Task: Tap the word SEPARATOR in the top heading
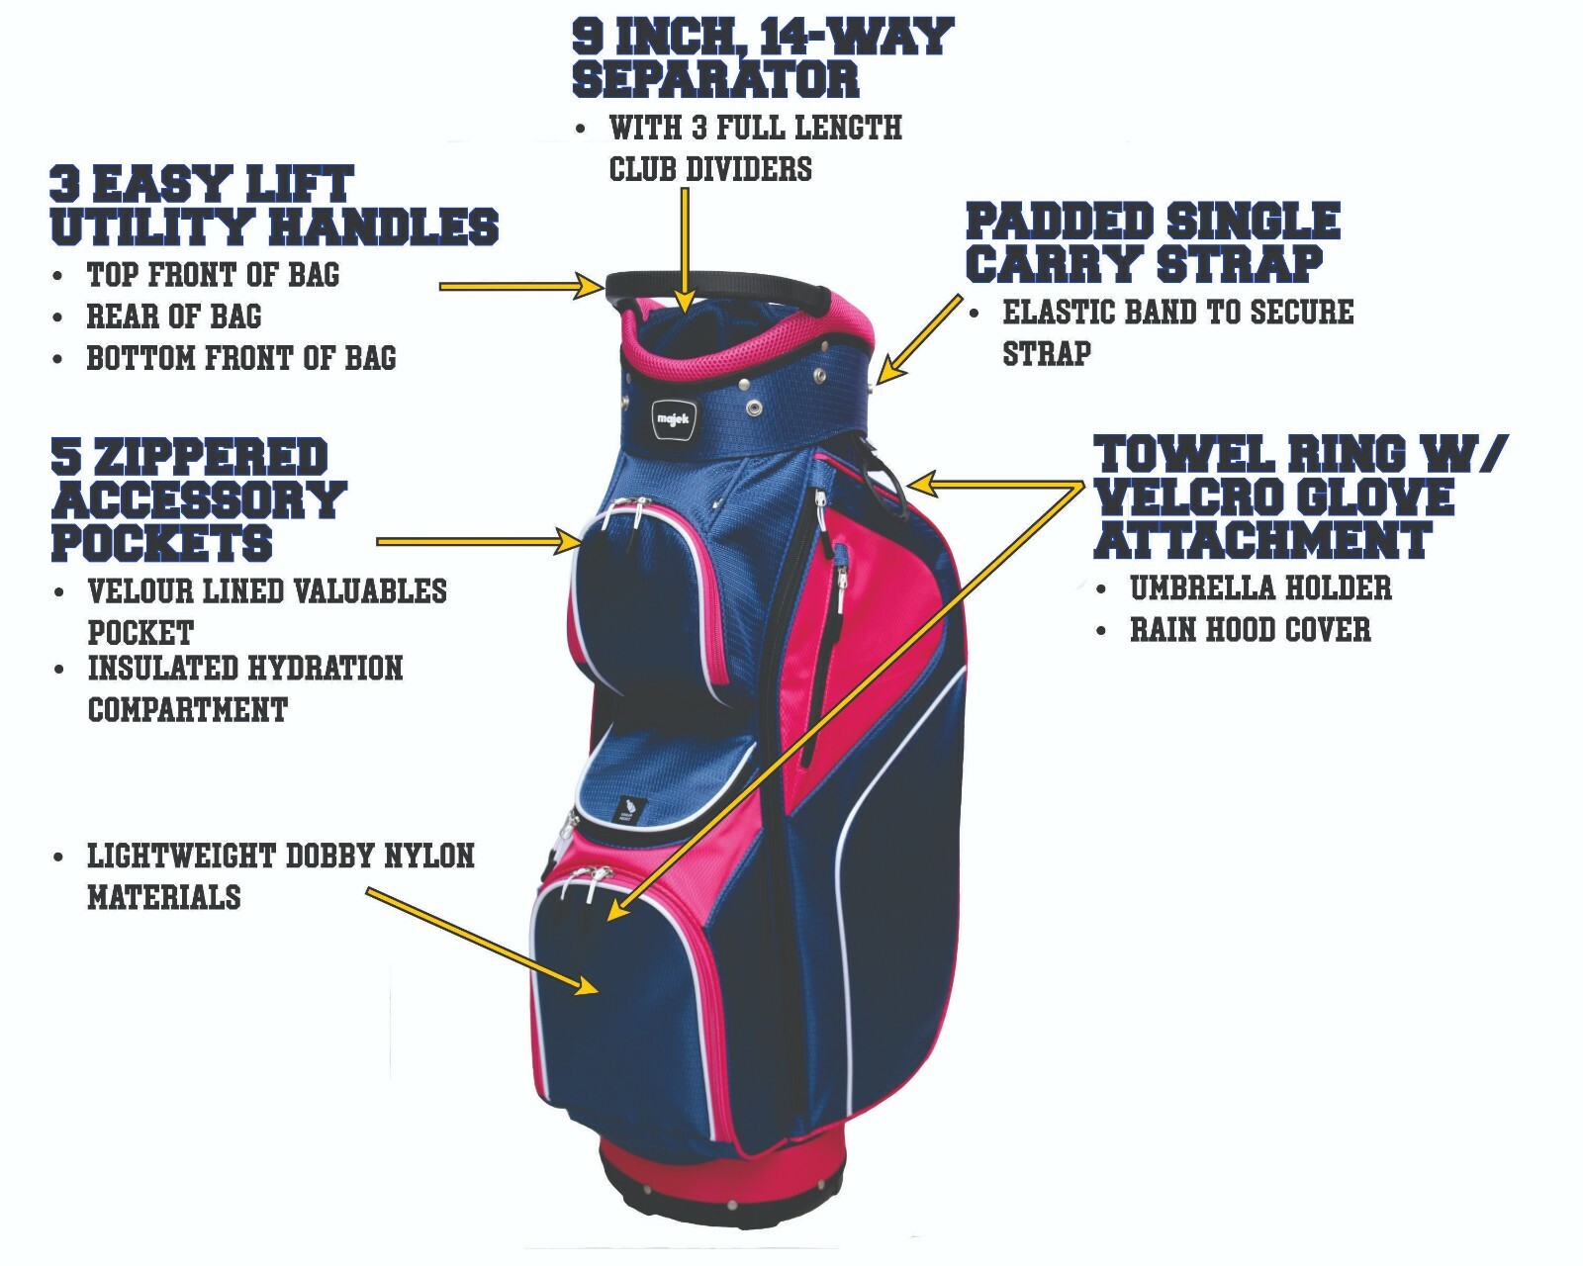tap(715, 79)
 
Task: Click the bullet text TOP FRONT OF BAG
tap(213, 274)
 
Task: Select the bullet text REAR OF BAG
tap(174, 316)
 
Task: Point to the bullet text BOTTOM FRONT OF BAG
tap(241, 358)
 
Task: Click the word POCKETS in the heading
tap(161, 543)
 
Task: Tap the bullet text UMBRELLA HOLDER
tap(1260, 588)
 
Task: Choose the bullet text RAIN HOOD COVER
tap(1251, 630)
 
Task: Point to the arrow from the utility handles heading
tap(519, 287)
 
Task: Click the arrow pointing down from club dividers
tap(684, 247)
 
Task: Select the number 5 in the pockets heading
tap(65, 458)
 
